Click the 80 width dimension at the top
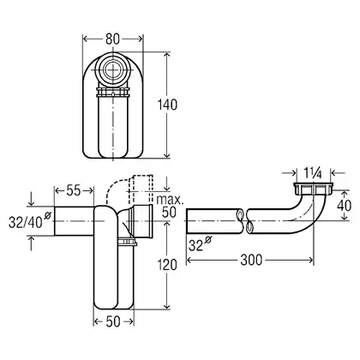[112, 39]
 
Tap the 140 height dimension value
[168, 105]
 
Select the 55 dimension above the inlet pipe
[74, 190]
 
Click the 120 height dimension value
[168, 265]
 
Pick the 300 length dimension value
[251, 260]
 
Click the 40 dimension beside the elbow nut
[344, 206]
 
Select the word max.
[171, 200]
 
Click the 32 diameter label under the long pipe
[200, 244]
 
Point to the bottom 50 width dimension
[113, 321]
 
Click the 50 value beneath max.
[169, 213]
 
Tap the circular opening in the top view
[113, 69]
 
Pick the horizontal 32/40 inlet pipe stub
[74, 221]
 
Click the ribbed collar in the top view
[113, 93]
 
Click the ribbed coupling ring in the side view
[128, 242]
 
